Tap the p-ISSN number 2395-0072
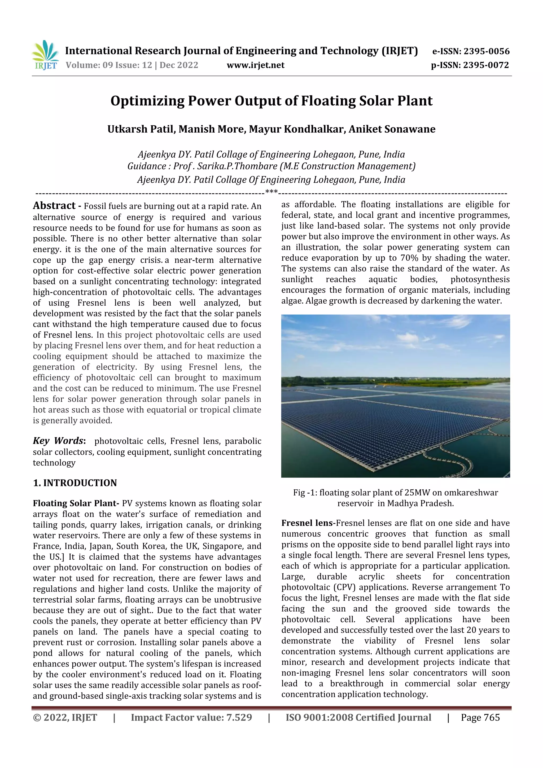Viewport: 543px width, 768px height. tap(486, 65)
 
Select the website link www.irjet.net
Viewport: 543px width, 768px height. tap(255, 65)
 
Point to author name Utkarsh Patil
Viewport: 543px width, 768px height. tap(141, 129)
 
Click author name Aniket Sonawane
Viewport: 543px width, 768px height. tap(392, 129)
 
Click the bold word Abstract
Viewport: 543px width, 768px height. tap(54, 205)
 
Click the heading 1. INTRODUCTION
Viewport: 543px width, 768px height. tap(75, 483)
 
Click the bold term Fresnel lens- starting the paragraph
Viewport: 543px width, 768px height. tap(308, 523)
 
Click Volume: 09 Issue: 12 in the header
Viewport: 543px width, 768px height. tap(109, 65)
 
